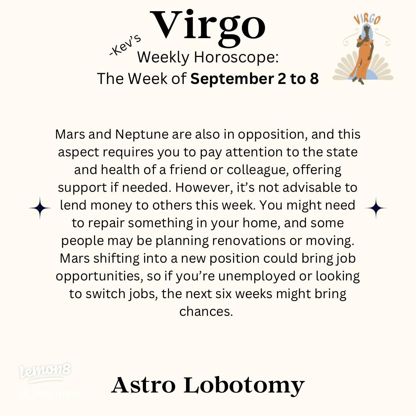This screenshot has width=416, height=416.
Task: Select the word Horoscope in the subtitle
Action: [x=236, y=57]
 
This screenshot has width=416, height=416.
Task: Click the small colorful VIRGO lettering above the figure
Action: [x=367, y=19]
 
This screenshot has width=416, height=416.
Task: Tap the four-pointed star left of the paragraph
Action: [x=40, y=208]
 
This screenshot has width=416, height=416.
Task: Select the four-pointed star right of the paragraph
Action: [x=376, y=208]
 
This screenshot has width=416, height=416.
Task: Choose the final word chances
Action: [x=206, y=311]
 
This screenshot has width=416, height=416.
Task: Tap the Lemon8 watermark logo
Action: [x=45, y=372]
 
